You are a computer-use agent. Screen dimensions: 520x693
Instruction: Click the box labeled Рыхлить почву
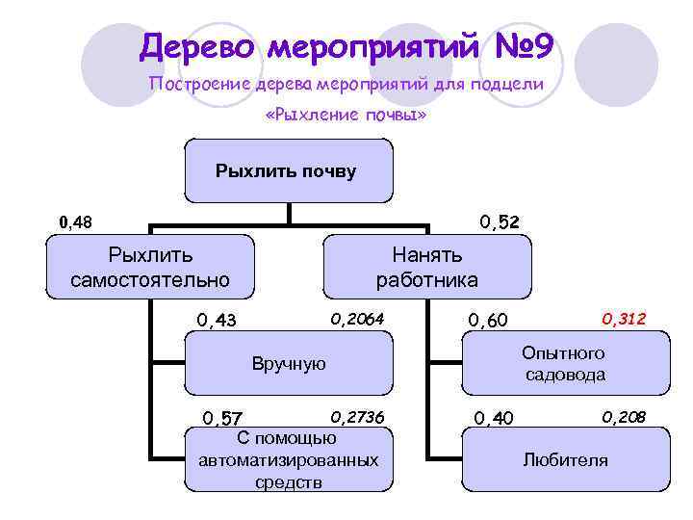pyautogui.click(x=286, y=172)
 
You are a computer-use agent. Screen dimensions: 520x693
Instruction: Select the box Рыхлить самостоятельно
pyautogui.click(x=151, y=268)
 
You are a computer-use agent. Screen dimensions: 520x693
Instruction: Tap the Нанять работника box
pyautogui.click(x=426, y=268)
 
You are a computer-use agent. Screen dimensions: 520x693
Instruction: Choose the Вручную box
pyautogui.click(x=289, y=364)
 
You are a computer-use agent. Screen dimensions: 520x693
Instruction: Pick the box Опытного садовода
pyautogui.click(x=564, y=364)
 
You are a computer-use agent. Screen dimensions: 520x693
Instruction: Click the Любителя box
pyautogui.click(x=565, y=459)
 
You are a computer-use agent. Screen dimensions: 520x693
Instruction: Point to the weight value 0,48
pyautogui.click(x=76, y=222)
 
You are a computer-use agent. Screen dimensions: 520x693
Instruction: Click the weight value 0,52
pyautogui.click(x=500, y=222)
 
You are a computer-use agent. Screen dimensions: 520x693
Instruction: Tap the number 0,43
pyautogui.click(x=217, y=320)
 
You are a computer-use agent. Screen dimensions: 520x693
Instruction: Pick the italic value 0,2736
pyautogui.click(x=357, y=416)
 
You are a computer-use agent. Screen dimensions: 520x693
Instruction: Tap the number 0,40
pyautogui.click(x=495, y=417)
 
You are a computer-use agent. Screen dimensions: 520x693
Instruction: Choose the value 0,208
pyautogui.click(x=624, y=416)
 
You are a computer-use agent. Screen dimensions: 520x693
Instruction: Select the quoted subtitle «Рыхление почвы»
pyautogui.click(x=345, y=116)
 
